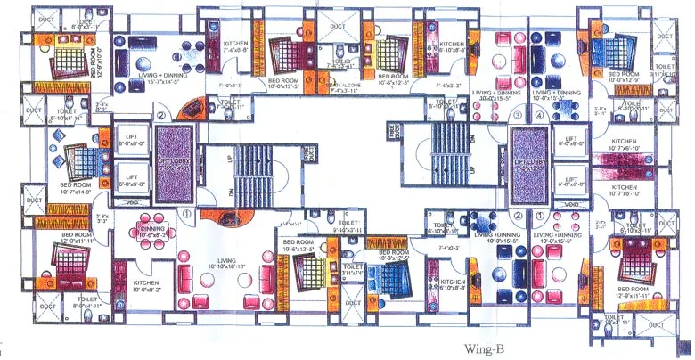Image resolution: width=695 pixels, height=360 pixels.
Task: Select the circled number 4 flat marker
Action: coord(539,115)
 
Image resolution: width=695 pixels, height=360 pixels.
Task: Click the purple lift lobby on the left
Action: coord(173,158)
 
